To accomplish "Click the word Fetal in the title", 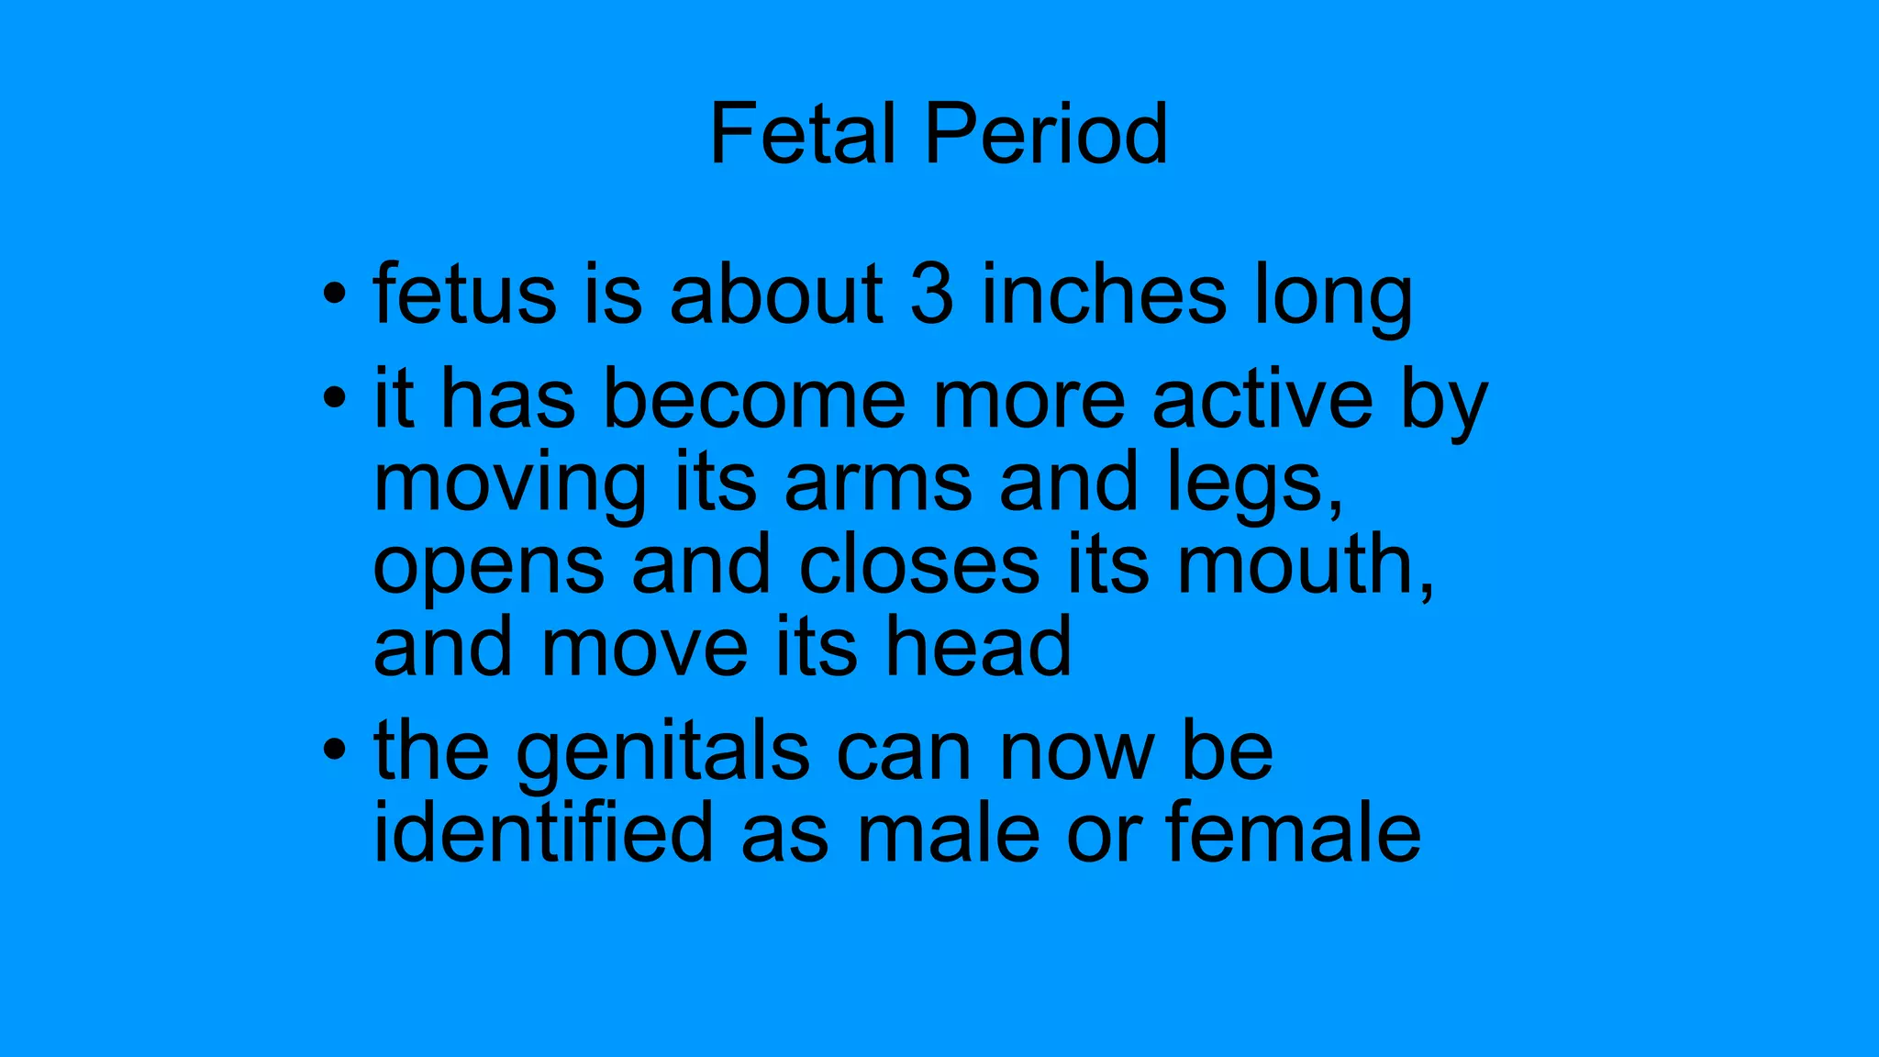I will click(803, 135).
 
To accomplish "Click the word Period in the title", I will click(1046, 135).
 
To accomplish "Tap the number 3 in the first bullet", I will click(931, 295).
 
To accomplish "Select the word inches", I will click(1104, 295).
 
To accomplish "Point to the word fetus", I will click(464, 295).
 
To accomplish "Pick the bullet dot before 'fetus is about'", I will click(335, 295).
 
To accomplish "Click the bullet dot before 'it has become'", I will click(335, 399).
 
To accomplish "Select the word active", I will click(1262, 399).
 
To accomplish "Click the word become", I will click(753, 399).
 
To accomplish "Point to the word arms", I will click(878, 483).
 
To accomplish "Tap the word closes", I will click(919, 564).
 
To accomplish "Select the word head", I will click(977, 647).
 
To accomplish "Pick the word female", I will click(1294, 832).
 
